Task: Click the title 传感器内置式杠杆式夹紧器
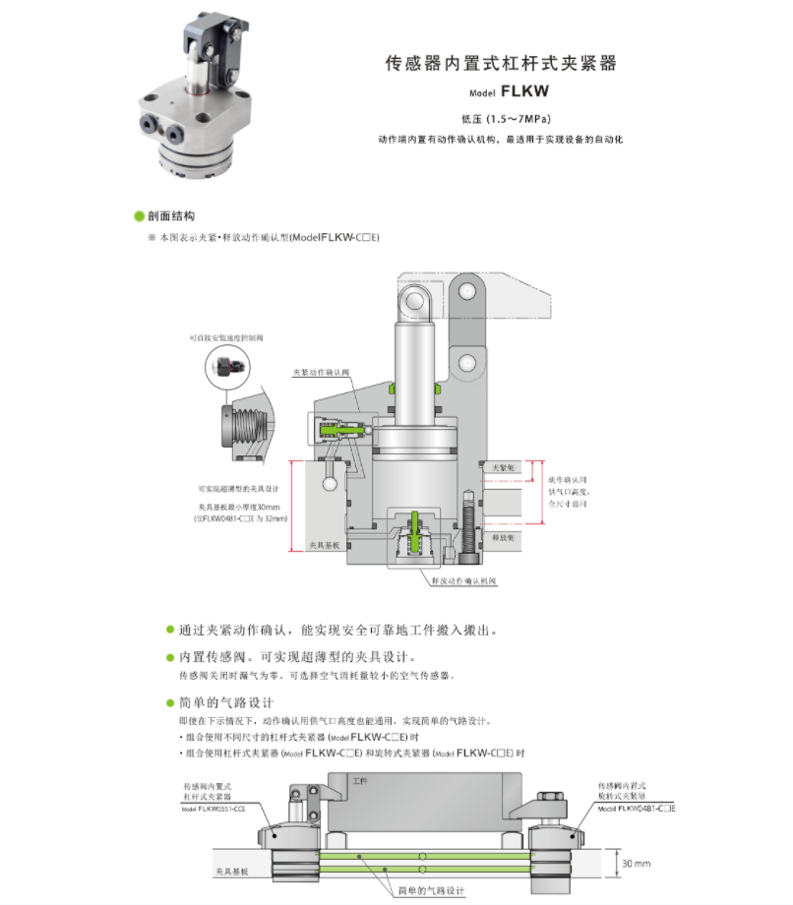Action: [x=500, y=64]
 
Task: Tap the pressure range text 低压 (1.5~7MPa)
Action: [x=500, y=120]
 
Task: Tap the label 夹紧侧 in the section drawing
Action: [x=503, y=467]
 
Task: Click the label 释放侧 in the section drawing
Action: [x=503, y=538]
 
